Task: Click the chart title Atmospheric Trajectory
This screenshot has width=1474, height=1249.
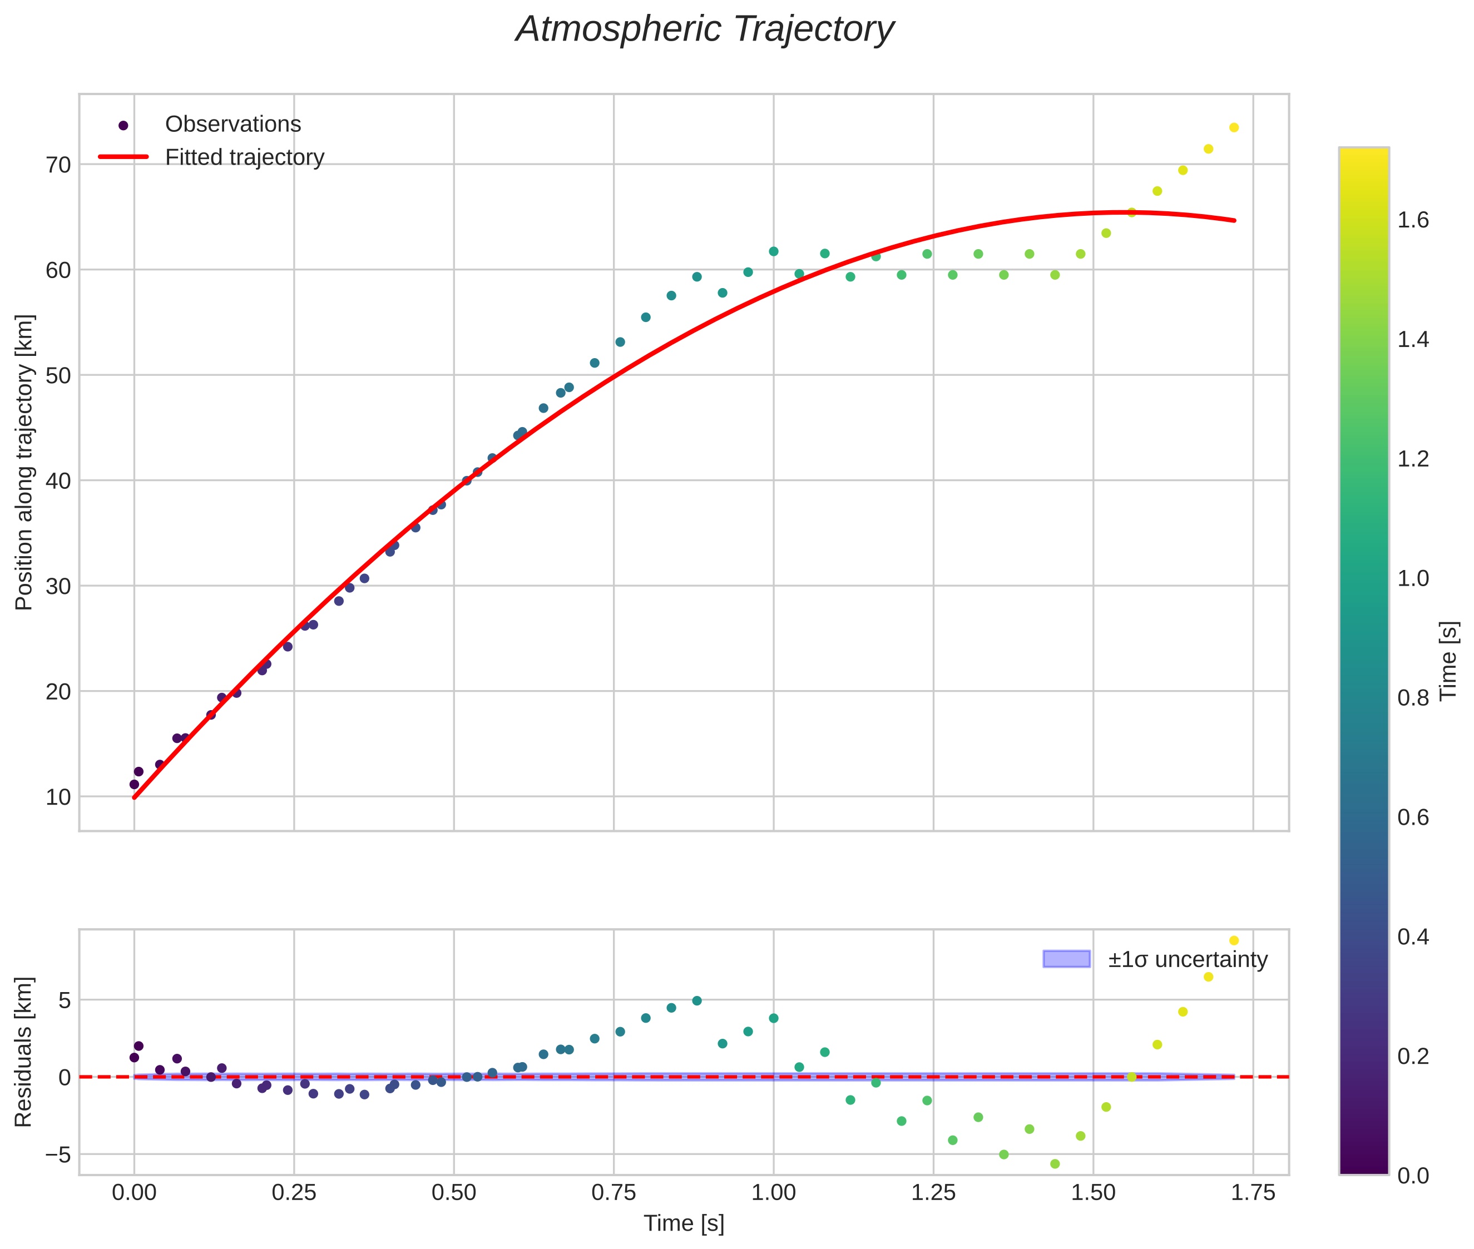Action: pyautogui.click(x=705, y=29)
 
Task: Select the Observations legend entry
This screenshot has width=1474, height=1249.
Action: pyautogui.click(x=233, y=125)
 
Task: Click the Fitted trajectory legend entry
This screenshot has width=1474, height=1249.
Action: pyautogui.click(x=244, y=157)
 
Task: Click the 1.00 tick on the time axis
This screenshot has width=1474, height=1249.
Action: pyautogui.click(x=774, y=1193)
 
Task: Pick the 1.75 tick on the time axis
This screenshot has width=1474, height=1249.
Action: pyautogui.click(x=1253, y=1193)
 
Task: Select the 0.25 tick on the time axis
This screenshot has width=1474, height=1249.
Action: pyautogui.click(x=294, y=1193)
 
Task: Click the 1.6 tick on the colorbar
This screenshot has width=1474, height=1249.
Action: pyautogui.click(x=1413, y=220)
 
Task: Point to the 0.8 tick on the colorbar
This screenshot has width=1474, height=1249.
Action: pyautogui.click(x=1413, y=698)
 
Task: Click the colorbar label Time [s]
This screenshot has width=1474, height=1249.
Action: pyautogui.click(x=1449, y=661)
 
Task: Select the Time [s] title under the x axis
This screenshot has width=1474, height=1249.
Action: pyautogui.click(x=684, y=1224)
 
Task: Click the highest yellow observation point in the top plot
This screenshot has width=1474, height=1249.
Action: pyautogui.click(x=1234, y=127)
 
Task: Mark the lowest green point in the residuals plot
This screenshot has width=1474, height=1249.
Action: pyautogui.click(x=1055, y=1164)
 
